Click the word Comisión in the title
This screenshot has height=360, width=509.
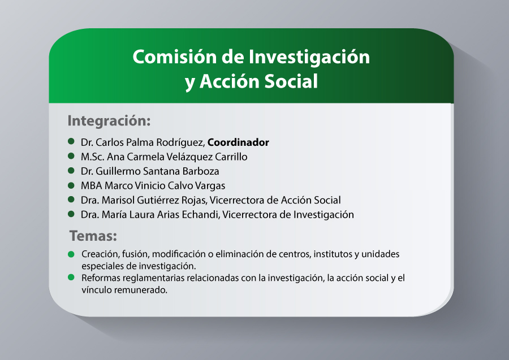(175, 57)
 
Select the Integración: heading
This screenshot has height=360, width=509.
(109, 121)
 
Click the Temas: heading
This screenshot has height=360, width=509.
(93, 236)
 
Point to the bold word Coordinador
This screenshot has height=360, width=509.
(238, 142)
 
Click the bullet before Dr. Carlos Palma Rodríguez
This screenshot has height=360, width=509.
(71, 141)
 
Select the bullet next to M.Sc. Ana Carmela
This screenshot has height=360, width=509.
(71, 156)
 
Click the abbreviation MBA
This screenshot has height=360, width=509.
(91, 185)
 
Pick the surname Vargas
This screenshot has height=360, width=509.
(210, 186)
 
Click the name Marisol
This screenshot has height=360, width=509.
(118, 200)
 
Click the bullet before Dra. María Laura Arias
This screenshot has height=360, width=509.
(71, 214)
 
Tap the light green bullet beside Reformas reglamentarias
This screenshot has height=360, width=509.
(71, 277)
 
